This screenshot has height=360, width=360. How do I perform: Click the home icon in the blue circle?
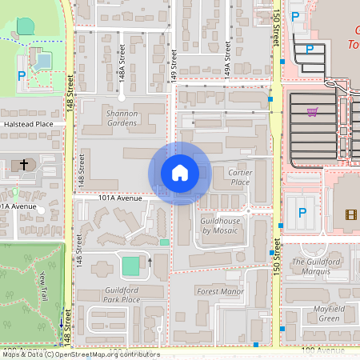coord(179,173)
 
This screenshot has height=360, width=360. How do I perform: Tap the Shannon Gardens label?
coord(122,118)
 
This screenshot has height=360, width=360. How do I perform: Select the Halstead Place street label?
coord(28,124)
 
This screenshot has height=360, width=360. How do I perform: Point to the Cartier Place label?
coord(239,177)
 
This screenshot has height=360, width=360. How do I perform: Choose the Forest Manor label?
coord(219,291)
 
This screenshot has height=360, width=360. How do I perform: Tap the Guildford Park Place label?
coord(116,294)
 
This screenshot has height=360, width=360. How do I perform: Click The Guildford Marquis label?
coord(316,266)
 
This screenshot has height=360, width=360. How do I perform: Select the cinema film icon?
coord(350,214)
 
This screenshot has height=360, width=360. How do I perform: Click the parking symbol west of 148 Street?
coord(22,78)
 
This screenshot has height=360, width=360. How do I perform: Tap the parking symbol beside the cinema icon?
coord(302,213)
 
